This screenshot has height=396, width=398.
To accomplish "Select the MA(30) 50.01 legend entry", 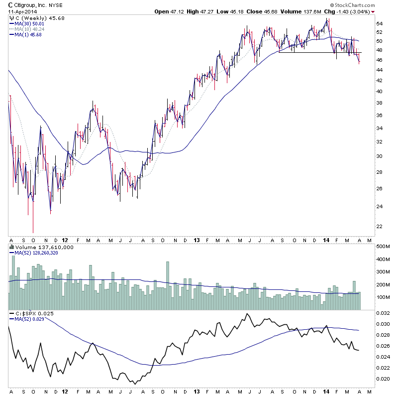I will [x=31, y=23].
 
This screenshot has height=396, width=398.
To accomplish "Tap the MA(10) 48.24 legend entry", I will [x=31, y=29].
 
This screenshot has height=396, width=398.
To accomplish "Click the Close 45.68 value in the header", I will [x=259, y=11].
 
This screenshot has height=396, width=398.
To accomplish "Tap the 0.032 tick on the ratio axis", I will [x=382, y=313].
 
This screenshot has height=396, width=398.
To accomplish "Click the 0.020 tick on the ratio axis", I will [x=382, y=379].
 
